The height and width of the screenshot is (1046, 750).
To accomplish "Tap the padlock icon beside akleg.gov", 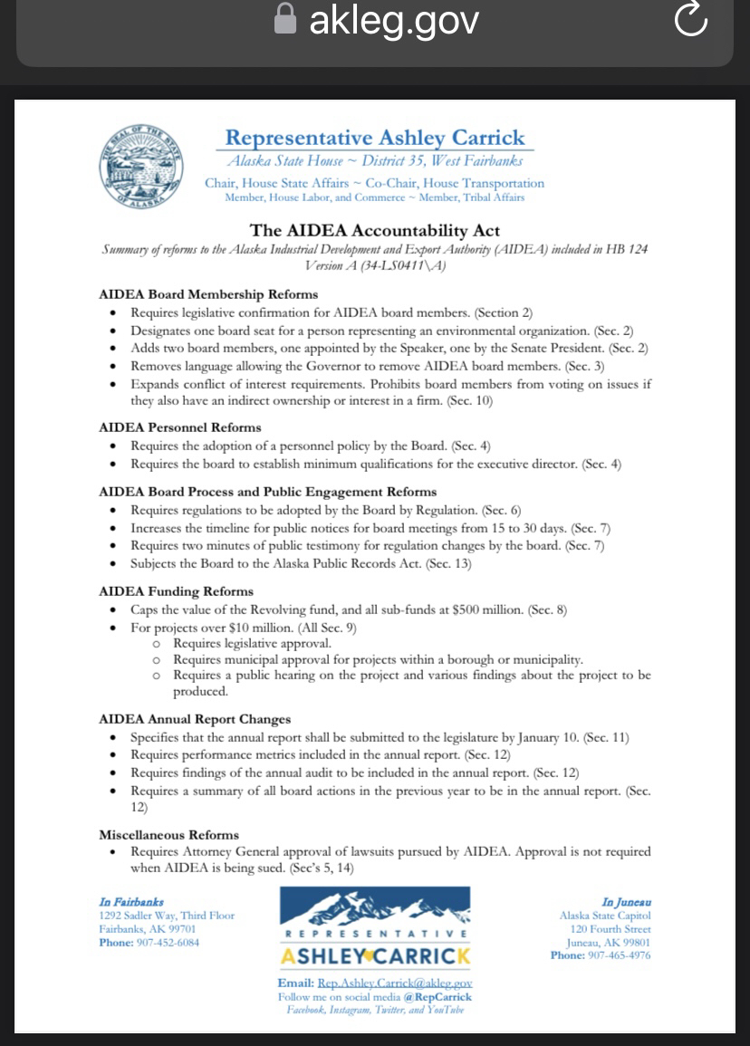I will [284, 20].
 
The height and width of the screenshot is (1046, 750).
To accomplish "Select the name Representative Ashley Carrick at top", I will [374, 138].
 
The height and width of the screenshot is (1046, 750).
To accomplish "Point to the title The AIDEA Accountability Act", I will [374, 231].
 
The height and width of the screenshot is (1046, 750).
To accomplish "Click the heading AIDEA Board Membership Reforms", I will [208, 294].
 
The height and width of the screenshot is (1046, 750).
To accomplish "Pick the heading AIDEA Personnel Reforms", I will [179, 427].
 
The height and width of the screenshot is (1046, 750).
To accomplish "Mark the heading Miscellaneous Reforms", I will [168, 835].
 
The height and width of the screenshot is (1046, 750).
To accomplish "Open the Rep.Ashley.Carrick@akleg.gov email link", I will [395, 984].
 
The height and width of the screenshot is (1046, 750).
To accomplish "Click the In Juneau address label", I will [626, 903].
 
